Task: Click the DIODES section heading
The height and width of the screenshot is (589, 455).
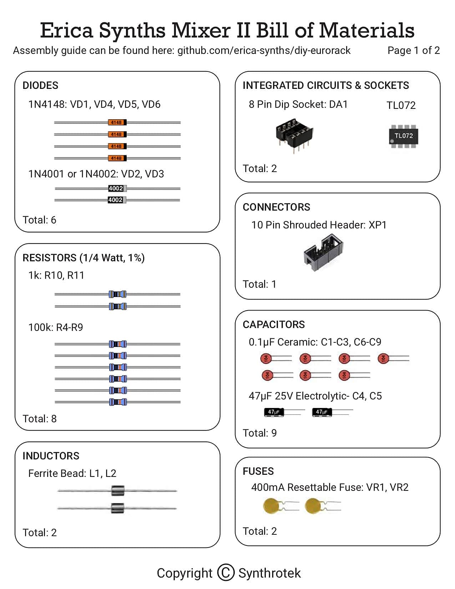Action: click(40, 85)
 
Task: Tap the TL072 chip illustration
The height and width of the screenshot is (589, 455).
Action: click(404, 136)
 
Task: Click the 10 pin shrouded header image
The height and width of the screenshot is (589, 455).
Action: click(323, 252)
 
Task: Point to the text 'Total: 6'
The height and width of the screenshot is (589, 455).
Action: click(40, 220)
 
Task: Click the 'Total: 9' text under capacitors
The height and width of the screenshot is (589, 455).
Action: click(259, 433)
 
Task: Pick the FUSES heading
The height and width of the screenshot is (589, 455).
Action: click(258, 471)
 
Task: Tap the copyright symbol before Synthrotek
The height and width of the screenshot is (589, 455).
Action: click(226, 573)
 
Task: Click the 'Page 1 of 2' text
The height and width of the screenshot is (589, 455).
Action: click(414, 50)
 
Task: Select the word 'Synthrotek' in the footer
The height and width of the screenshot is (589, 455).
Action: click(269, 573)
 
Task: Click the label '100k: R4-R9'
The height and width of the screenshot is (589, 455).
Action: click(56, 327)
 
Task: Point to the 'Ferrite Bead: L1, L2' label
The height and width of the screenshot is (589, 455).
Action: click(72, 473)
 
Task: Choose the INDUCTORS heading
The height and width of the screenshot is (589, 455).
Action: click(51, 456)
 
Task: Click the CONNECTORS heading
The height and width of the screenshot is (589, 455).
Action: click(277, 207)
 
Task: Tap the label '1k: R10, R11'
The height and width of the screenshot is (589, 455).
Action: click(56, 275)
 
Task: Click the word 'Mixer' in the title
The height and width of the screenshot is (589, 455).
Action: click(201, 30)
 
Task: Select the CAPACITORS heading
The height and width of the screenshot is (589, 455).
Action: click(274, 324)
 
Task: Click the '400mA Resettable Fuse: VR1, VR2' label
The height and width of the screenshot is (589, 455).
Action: click(329, 487)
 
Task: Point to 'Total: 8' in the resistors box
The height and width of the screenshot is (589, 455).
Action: click(40, 419)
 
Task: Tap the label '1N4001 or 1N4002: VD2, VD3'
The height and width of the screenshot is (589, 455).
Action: click(96, 174)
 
